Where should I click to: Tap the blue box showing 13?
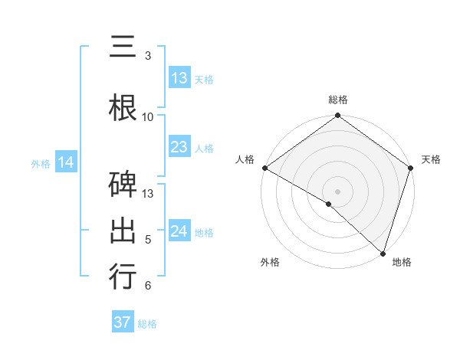tap(179, 78)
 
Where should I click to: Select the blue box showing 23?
tap(179, 147)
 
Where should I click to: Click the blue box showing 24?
tap(179, 231)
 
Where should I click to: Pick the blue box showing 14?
tap(66, 162)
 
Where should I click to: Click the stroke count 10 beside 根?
tap(148, 116)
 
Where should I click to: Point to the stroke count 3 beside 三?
tap(148, 56)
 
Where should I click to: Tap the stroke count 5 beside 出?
tap(148, 240)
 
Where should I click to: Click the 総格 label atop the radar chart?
tap(338, 100)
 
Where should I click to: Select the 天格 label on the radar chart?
tap(431, 159)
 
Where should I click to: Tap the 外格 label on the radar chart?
tap(270, 262)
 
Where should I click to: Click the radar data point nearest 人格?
tap(264, 168)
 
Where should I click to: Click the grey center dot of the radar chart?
tap(338, 191)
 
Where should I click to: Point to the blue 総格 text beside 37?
tap(147, 324)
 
